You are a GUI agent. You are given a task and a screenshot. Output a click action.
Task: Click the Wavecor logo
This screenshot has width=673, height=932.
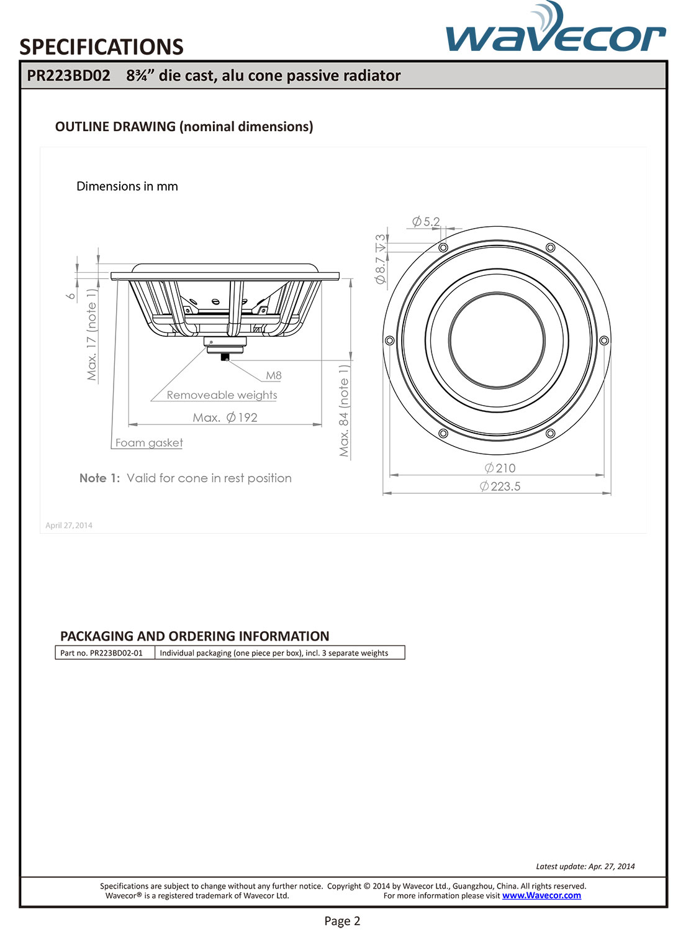(x=555, y=31)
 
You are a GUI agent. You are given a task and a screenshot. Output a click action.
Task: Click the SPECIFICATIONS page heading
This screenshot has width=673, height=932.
(x=101, y=47)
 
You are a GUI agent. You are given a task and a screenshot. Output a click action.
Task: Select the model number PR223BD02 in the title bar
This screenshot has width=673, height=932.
(x=68, y=76)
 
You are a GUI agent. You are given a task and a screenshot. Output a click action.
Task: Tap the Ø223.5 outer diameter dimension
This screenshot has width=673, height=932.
(x=500, y=487)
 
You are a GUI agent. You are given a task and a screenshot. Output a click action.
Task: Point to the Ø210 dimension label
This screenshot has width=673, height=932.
(x=500, y=468)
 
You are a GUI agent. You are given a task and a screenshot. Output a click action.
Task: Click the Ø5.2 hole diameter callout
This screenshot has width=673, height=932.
(x=427, y=222)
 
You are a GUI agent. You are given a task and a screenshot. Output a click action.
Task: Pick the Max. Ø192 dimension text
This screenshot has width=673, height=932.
(x=225, y=418)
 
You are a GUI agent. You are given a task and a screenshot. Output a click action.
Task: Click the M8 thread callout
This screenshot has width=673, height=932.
(x=274, y=375)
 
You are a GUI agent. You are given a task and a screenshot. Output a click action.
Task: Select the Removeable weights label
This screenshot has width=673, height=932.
(x=222, y=395)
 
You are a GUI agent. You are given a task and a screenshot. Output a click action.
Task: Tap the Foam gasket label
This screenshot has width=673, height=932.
(x=149, y=442)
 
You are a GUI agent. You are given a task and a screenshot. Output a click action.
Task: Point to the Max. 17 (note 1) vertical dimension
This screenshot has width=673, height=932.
(x=92, y=334)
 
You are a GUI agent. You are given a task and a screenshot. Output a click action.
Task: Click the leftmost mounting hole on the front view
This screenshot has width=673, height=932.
(x=390, y=340)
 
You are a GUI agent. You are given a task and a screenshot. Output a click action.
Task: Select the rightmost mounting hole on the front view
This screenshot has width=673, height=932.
(x=604, y=340)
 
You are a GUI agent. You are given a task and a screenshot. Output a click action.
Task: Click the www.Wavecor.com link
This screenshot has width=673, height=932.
(x=541, y=895)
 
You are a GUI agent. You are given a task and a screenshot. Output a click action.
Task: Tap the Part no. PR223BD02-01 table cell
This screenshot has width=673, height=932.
(x=102, y=653)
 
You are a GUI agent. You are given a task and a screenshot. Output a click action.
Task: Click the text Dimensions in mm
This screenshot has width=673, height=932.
(x=127, y=186)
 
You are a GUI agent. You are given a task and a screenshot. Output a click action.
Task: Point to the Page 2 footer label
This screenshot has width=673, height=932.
(x=342, y=921)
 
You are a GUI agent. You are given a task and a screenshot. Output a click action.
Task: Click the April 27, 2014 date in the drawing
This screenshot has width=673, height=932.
(x=69, y=526)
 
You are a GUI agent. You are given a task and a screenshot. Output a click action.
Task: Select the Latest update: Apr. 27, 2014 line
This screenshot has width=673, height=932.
(x=585, y=866)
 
